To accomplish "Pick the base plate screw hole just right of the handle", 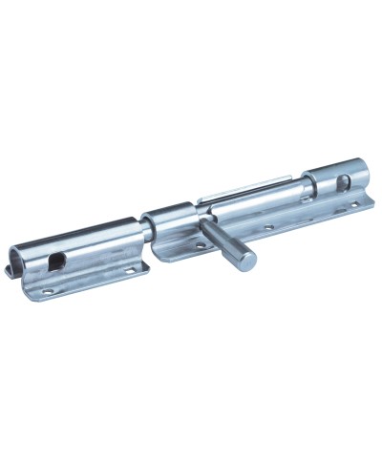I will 268,227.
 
